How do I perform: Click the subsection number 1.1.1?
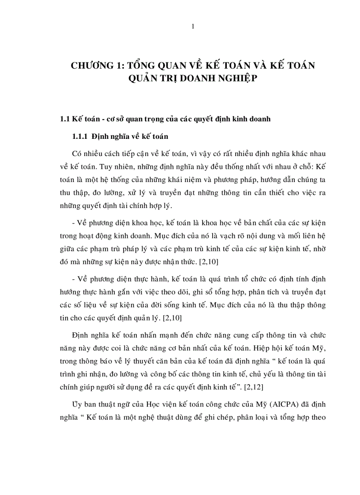tap(81, 136)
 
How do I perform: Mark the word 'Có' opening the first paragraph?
tap(76, 153)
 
